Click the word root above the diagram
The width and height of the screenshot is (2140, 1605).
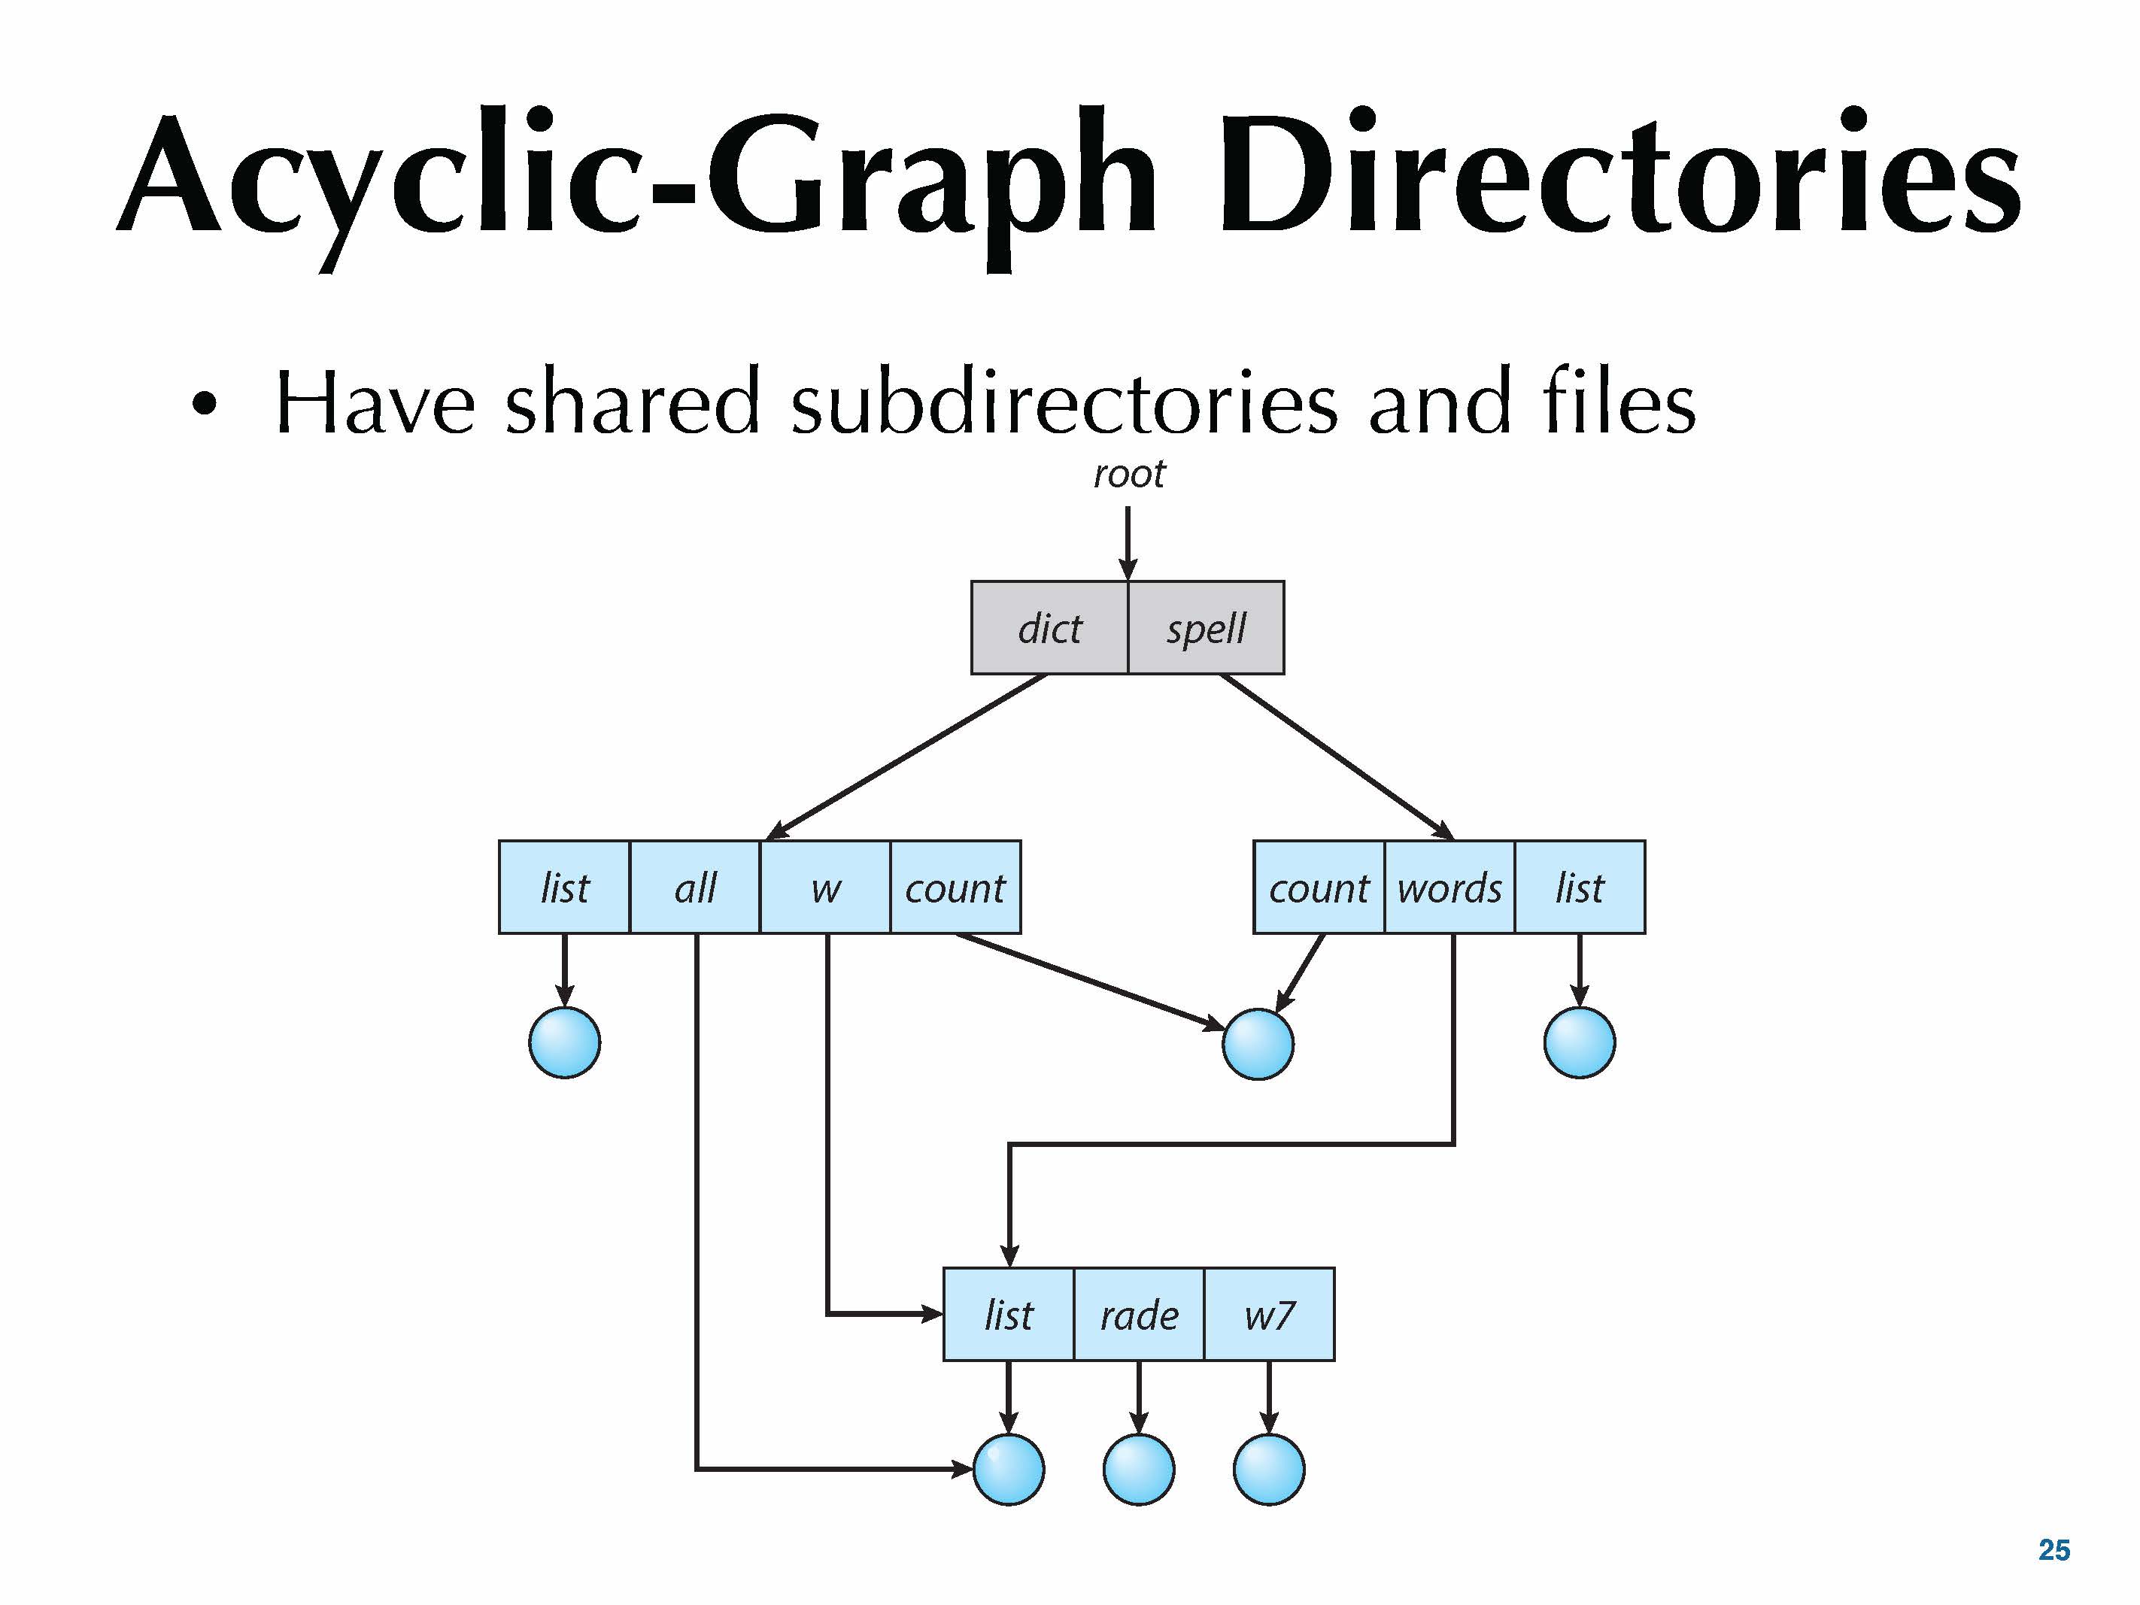click(x=1129, y=474)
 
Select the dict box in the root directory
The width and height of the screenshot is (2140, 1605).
click(x=1049, y=628)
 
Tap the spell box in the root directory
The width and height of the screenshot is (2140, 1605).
click(x=1207, y=628)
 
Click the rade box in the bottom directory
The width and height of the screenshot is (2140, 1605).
click(x=1139, y=1315)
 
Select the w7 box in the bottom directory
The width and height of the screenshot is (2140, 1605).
click(x=1269, y=1315)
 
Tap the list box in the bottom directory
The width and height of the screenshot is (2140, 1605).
click(x=1008, y=1315)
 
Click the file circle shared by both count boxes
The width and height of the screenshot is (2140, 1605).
click(x=1258, y=1044)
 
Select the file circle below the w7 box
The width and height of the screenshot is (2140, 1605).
click(x=1269, y=1470)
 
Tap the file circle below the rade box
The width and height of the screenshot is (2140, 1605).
click(x=1139, y=1470)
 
